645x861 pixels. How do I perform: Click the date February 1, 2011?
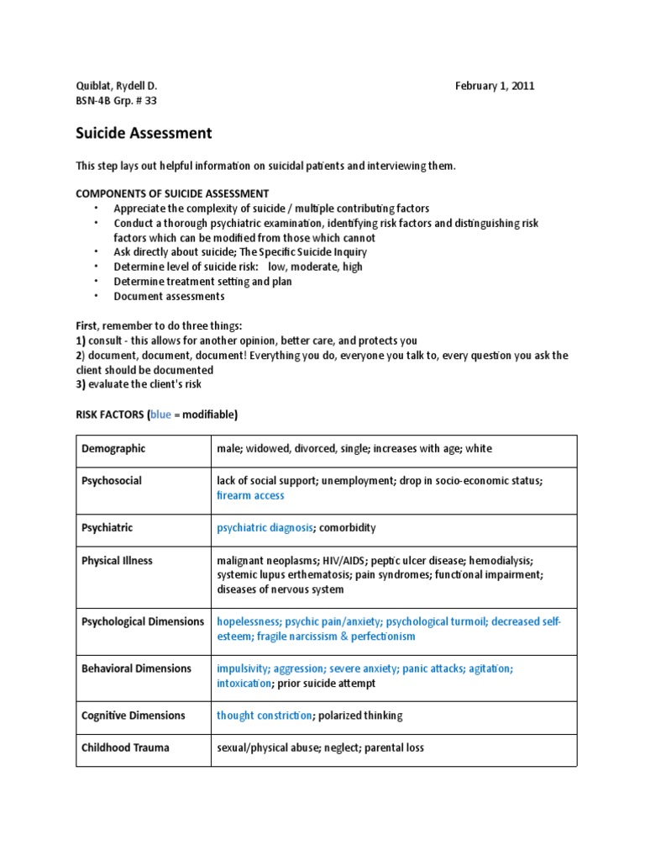(495, 86)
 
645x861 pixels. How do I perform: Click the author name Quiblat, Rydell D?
(117, 86)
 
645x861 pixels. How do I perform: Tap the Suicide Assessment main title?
(144, 133)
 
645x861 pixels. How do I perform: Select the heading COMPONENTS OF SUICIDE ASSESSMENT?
(172, 193)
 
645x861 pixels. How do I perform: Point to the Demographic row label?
(113, 449)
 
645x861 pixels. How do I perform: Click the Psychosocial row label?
(111, 481)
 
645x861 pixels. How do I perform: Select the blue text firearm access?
(250, 496)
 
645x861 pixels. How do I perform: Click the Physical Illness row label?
(117, 560)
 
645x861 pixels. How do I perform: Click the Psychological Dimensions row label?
(142, 622)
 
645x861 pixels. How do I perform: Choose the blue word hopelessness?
(249, 622)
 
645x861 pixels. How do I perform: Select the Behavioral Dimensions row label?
(136, 669)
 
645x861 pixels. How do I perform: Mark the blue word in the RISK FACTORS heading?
(160, 415)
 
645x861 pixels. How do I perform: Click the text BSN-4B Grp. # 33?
(116, 101)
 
